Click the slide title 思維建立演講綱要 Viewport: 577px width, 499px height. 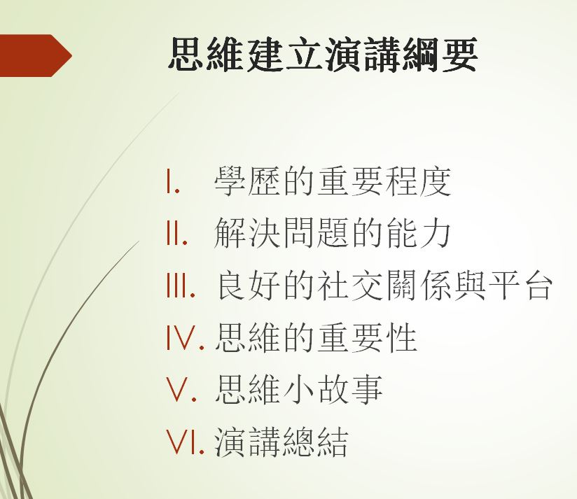coord(323,55)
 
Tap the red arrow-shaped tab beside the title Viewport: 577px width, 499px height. coord(35,55)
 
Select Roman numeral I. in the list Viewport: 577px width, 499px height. coord(173,181)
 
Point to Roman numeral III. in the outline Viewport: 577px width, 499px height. coord(181,285)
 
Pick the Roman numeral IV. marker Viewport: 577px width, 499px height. coord(185,337)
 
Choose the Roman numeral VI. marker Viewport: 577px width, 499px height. coord(185,442)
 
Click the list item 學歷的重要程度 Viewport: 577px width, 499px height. coord(333,181)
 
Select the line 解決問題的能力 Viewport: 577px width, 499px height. coord(333,233)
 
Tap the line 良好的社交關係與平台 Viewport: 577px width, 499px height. coord(384,285)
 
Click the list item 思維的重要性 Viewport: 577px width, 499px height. coord(316,337)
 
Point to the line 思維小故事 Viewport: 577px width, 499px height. coord(299,389)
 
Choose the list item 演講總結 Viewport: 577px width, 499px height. coord(281,442)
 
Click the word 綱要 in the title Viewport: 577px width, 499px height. coord(439,55)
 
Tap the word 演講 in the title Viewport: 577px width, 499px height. coord(362,55)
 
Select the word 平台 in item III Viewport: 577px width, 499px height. coord(520,285)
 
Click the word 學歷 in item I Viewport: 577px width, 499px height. coord(248,181)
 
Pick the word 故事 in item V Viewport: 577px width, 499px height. coord(350,389)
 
